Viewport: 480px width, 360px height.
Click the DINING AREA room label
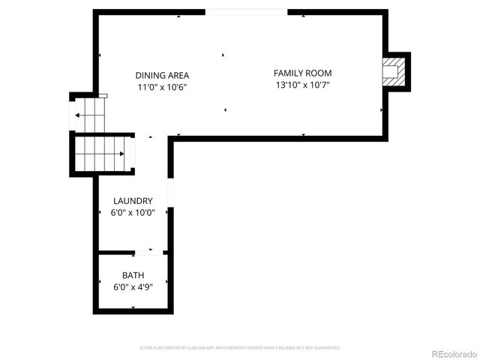point(162,75)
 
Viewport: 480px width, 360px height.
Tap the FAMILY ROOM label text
point(302,73)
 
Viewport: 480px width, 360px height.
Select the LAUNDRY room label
point(133,201)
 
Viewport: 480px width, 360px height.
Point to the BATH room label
point(133,275)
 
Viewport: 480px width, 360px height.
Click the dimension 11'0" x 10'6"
point(162,87)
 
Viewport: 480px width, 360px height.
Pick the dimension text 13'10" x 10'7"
point(302,85)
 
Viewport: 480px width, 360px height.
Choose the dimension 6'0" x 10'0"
point(133,212)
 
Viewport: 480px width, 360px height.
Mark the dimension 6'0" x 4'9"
point(133,286)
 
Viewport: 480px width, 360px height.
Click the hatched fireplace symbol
point(392,72)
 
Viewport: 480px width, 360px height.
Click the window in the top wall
point(246,12)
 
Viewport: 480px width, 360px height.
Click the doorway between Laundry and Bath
point(150,252)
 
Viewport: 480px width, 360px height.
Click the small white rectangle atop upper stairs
point(103,95)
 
